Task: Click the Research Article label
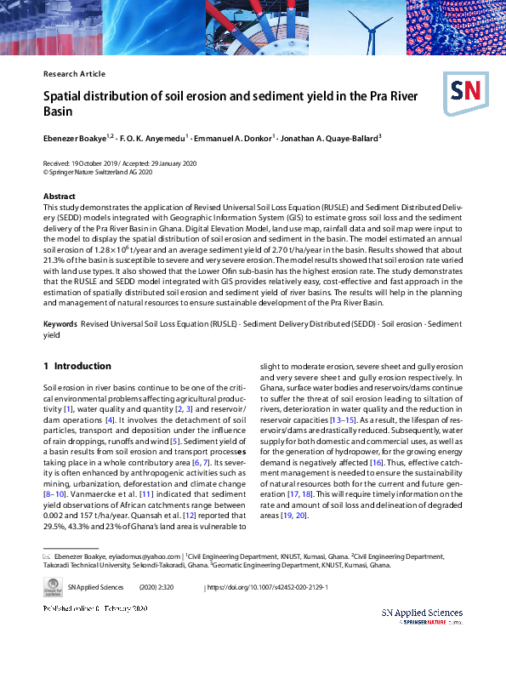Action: click(x=74, y=74)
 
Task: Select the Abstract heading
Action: click(x=60, y=197)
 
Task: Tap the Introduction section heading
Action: click(x=77, y=366)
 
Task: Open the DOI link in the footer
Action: click(x=268, y=587)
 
